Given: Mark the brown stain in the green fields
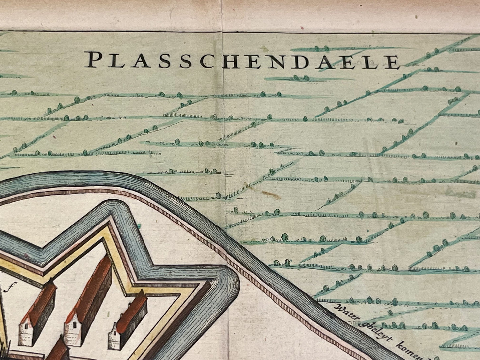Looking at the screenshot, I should pos(271,195).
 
